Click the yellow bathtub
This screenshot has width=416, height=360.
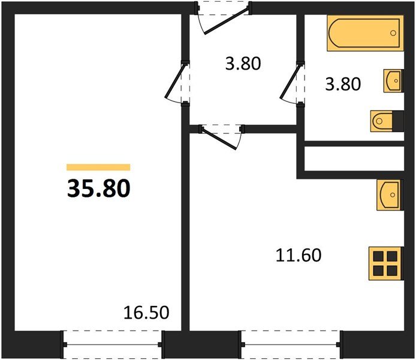pos(364,33)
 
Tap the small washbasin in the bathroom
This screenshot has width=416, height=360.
pos(393,81)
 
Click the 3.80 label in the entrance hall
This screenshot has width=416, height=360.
pos(243,64)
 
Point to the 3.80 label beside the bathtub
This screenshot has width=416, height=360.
pos(342,84)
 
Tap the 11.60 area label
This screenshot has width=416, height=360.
pos(299,256)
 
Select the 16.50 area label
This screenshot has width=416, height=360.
pos(146,312)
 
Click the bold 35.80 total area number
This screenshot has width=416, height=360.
pos(98,189)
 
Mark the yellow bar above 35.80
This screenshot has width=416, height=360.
pos(98,167)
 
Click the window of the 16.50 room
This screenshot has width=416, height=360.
pos(112,344)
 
